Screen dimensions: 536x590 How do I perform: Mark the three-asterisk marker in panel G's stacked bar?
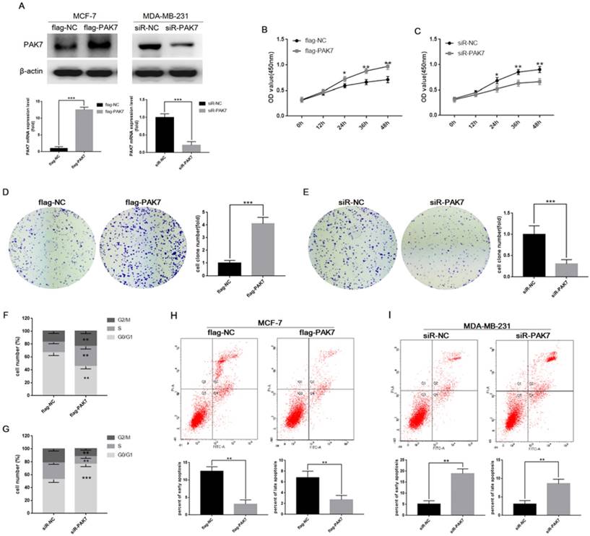tap(85, 478)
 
